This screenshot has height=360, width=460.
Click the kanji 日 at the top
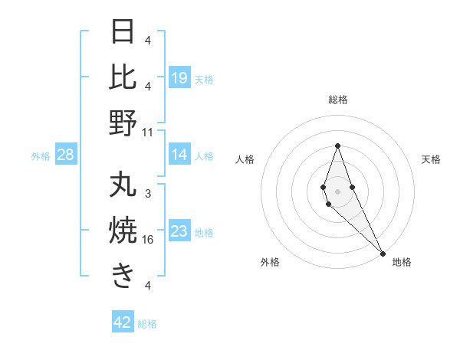point(123,32)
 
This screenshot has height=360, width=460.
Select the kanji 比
point(123,77)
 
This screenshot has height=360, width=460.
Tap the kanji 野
point(123,123)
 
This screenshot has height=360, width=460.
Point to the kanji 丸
point(123,185)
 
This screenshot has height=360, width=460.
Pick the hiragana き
point(123,276)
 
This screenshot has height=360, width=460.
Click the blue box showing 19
point(179,78)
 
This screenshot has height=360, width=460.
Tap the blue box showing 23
point(179,232)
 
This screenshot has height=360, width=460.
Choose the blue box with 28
point(65,155)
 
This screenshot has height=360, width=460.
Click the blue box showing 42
point(123,322)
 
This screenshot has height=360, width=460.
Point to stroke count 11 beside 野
point(148,132)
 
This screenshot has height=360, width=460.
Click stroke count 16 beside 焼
point(148,239)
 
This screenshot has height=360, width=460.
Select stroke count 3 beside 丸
point(148,194)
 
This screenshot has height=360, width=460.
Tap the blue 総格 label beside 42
point(147,324)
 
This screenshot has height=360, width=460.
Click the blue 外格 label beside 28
point(41,156)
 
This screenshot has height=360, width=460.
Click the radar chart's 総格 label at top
point(337,100)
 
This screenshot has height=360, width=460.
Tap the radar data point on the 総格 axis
point(337,146)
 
